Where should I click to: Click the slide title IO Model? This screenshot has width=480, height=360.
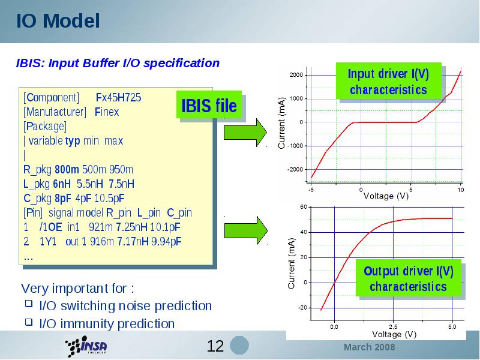(x=58, y=21)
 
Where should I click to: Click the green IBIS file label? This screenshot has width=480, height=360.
(x=209, y=104)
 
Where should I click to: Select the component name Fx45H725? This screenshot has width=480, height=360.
(x=118, y=97)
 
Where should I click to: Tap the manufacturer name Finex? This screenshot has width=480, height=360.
(x=107, y=112)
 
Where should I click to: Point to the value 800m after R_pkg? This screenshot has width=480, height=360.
(x=67, y=169)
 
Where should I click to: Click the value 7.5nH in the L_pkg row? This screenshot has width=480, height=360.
(x=122, y=184)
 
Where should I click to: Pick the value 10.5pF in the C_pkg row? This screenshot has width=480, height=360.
(x=110, y=199)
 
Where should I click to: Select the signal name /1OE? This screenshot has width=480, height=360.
(x=50, y=227)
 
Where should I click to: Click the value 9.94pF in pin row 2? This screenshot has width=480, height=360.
(x=167, y=242)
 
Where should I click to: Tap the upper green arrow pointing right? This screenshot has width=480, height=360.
(x=245, y=133)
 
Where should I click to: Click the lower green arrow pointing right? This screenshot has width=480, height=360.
(x=246, y=230)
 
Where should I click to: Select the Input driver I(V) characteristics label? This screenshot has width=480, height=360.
(x=388, y=82)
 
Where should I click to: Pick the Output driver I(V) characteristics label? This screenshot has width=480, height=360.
(x=409, y=278)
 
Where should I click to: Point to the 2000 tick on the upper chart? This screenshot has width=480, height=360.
(x=296, y=75)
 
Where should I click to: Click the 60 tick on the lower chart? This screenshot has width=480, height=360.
(x=304, y=207)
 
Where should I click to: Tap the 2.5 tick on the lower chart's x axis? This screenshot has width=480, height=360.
(x=394, y=327)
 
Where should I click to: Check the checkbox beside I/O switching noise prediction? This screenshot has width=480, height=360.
(x=29, y=304)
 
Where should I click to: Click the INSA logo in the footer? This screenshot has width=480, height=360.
(x=86, y=346)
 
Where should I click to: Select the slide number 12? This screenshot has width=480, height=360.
(x=215, y=346)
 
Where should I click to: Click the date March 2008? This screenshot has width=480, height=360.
(x=369, y=347)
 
